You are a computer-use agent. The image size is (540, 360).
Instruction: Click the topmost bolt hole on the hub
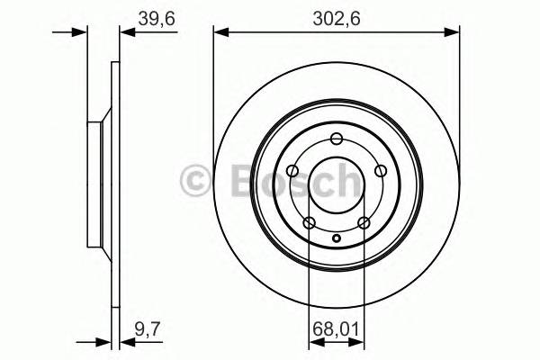tap(337, 138)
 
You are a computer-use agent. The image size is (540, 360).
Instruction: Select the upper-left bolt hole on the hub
tap(292, 169)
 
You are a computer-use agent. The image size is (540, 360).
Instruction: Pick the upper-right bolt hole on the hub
tap(380, 169)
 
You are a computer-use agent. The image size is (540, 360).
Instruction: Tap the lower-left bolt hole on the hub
tap(309, 222)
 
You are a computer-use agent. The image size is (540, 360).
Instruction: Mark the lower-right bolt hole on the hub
tap(364, 222)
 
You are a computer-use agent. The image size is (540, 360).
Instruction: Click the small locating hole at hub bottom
tap(337, 238)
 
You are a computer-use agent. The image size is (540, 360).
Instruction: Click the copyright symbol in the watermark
tap(196, 180)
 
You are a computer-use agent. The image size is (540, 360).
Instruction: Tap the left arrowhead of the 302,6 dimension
tap(220, 32)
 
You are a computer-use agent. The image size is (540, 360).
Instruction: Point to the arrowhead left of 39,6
tap(125, 32)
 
